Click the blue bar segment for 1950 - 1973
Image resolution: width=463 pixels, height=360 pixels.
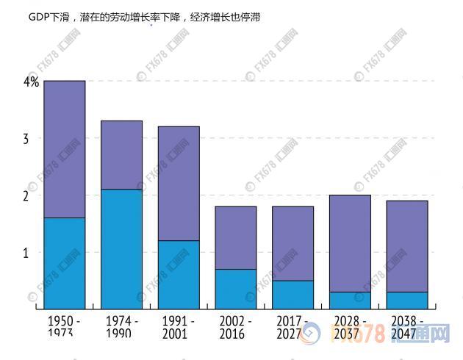[x=64, y=263]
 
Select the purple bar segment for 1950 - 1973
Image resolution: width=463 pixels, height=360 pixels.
[x=64, y=149]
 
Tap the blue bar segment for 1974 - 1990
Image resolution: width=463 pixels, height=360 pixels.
[x=121, y=248]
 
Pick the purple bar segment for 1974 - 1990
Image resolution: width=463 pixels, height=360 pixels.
[x=121, y=155]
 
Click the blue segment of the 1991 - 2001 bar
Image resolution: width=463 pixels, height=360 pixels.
[x=179, y=274]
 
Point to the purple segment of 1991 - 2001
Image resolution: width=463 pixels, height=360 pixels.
[x=179, y=184]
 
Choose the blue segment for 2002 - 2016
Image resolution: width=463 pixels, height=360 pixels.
[x=236, y=289]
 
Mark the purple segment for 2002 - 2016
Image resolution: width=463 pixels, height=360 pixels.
[x=236, y=238]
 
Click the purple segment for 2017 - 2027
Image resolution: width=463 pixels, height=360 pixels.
[x=292, y=243]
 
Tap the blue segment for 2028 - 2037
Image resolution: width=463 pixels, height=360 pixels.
[x=350, y=300]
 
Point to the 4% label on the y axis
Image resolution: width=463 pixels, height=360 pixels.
[x=31, y=82]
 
